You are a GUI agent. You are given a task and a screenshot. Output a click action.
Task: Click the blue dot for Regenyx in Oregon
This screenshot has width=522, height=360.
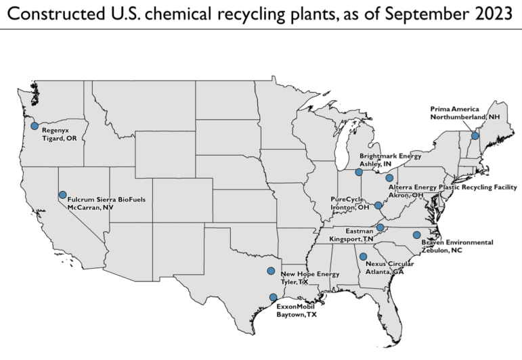click(35, 126)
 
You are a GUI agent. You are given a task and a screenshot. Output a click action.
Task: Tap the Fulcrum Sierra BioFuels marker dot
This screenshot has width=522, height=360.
click(62, 195)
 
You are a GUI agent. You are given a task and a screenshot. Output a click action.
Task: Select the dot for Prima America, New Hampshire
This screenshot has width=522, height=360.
click(475, 136)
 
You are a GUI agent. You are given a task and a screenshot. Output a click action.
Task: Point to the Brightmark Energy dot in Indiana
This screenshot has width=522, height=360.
click(359, 173)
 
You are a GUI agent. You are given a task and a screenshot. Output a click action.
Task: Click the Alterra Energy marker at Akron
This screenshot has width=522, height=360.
click(389, 178)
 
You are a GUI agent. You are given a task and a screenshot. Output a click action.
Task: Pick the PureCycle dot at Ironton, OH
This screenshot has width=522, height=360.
click(378, 204)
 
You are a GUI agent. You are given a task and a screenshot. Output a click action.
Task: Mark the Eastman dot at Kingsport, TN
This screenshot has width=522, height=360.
click(380, 227)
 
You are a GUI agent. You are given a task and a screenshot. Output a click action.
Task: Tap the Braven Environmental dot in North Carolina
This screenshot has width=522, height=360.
click(416, 235)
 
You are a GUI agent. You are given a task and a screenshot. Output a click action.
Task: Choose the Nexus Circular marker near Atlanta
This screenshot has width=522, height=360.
click(364, 256)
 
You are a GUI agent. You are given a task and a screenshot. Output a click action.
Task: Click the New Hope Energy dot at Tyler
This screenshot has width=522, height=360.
click(271, 271)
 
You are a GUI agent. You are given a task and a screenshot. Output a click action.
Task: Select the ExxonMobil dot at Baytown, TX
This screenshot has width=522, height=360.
click(273, 297)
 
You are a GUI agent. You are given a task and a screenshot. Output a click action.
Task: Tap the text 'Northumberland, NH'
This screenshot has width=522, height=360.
click(463, 116)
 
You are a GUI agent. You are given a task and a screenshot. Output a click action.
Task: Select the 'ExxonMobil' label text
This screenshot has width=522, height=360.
click(295, 307)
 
